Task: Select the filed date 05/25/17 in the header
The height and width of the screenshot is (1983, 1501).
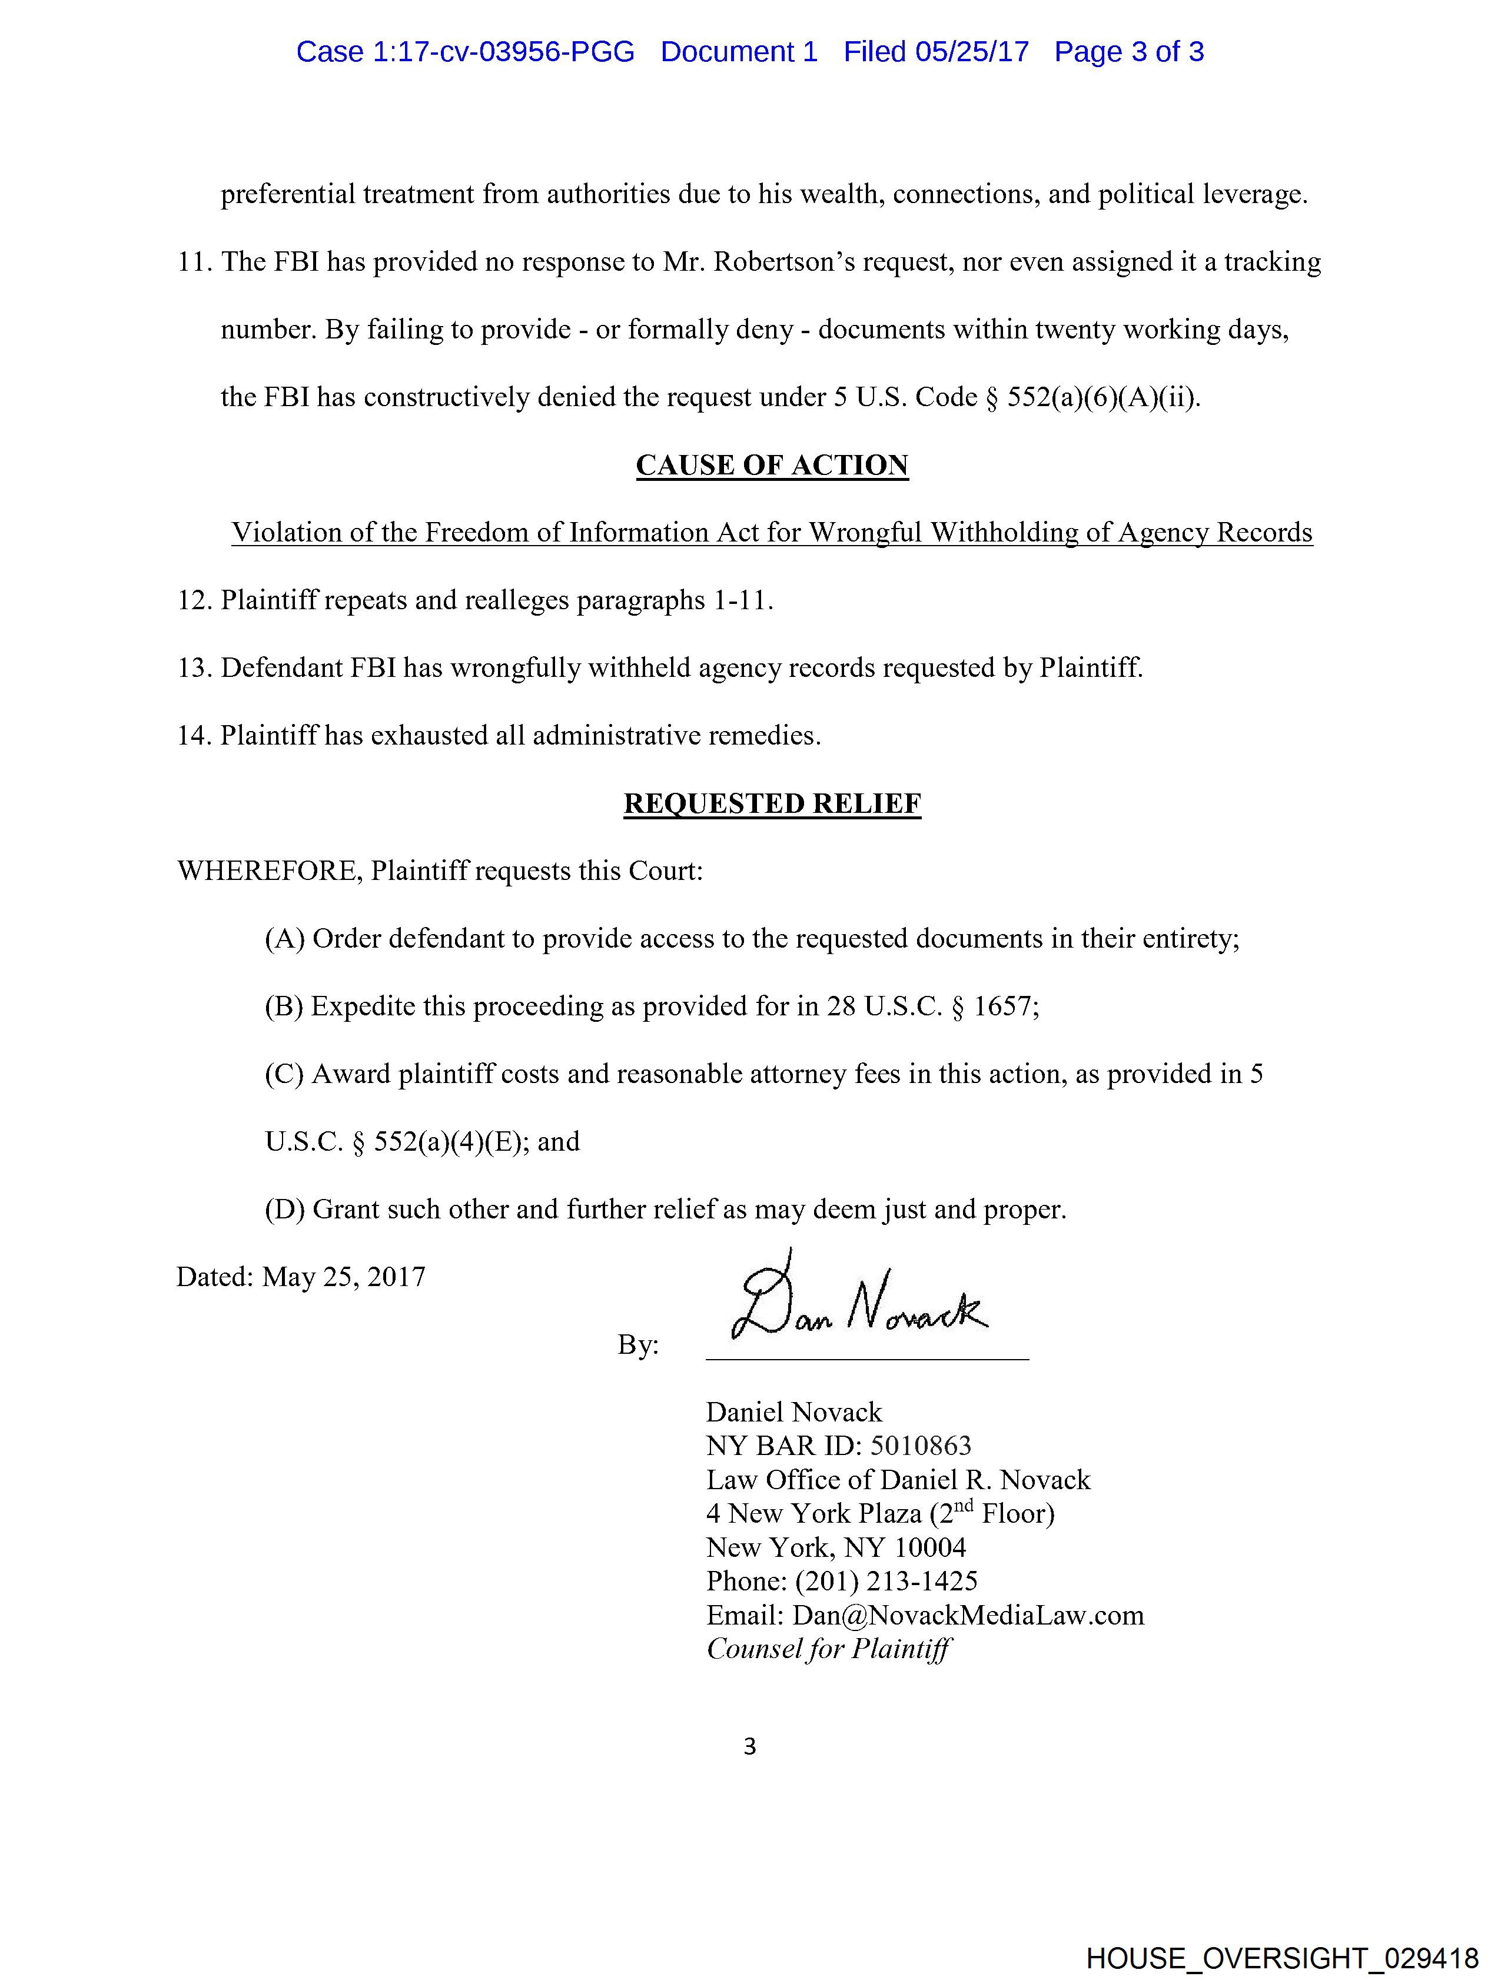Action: (x=972, y=52)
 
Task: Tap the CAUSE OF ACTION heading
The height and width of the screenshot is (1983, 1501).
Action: (x=772, y=465)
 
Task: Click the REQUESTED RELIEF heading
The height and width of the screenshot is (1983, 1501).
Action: (x=772, y=803)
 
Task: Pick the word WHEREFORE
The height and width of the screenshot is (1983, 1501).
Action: (x=268, y=871)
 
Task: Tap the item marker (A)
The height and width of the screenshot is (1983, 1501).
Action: (x=284, y=939)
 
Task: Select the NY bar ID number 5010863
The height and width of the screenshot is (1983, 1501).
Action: (x=920, y=1445)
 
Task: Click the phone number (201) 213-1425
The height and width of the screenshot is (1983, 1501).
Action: (x=886, y=1582)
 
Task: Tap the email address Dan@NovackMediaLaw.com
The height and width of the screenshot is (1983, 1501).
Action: (x=968, y=1616)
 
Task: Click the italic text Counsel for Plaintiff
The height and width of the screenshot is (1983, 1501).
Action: (x=829, y=1649)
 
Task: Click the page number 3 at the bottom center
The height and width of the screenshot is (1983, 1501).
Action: (x=749, y=1746)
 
